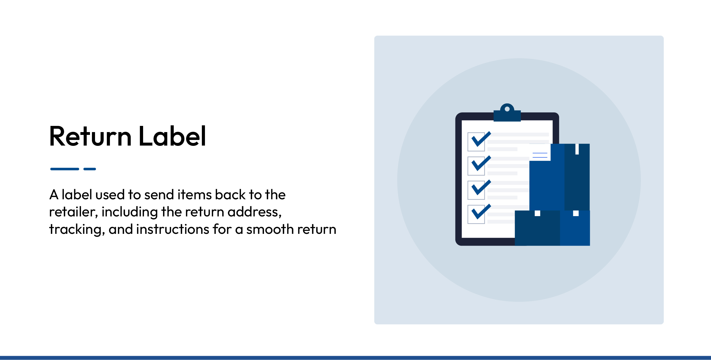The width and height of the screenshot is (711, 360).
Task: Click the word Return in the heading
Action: tap(90, 137)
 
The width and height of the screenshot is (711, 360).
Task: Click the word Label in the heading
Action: tap(172, 137)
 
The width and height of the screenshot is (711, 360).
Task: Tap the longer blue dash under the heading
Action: tap(65, 169)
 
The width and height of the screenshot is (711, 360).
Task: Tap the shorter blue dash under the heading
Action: tap(90, 169)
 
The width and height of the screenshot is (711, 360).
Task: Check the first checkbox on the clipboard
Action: tap(476, 142)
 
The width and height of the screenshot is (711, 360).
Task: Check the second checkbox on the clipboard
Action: tap(476, 166)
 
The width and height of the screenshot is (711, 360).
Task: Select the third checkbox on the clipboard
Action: tap(476, 190)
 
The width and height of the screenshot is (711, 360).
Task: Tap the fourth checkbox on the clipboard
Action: tap(476, 214)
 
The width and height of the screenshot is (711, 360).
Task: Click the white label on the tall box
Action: tap(540, 153)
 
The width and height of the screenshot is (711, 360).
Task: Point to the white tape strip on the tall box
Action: tap(577, 149)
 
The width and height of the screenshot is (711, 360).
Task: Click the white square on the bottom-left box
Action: tap(537, 213)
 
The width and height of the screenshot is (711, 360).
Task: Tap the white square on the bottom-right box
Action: tap(576, 213)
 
